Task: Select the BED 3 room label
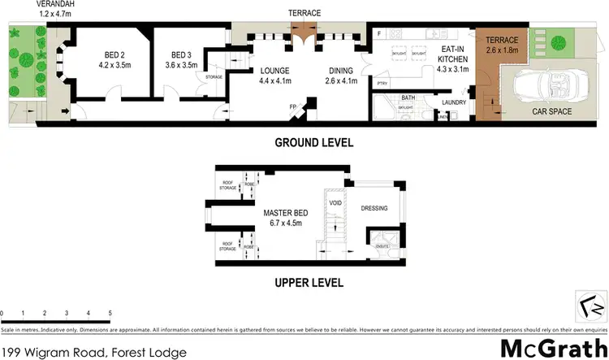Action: click(x=181, y=59)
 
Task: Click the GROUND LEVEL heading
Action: click(x=303, y=143)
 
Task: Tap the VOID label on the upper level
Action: click(x=335, y=202)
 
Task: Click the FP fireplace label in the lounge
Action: click(x=293, y=106)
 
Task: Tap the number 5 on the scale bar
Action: click(x=109, y=313)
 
